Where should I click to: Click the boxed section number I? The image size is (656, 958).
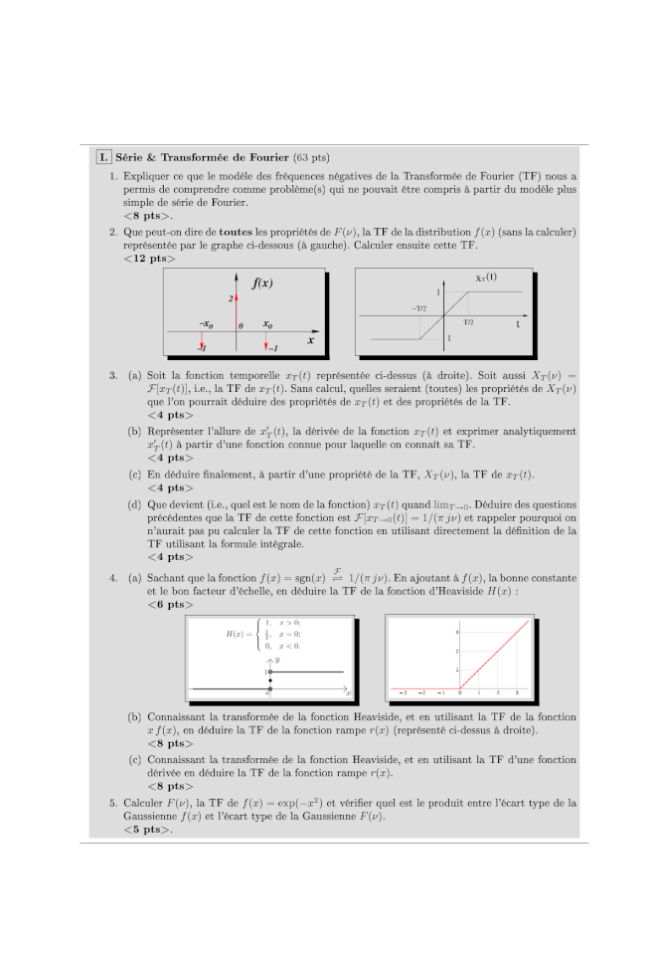pyautogui.click(x=103, y=157)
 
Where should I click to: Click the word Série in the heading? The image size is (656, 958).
pyautogui.click(x=129, y=157)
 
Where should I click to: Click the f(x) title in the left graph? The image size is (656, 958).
pyautogui.click(x=262, y=283)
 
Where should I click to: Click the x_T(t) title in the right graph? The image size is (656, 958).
pyautogui.click(x=486, y=278)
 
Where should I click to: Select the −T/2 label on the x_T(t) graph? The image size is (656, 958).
pyautogui.click(x=419, y=307)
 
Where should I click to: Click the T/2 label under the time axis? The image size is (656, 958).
pyautogui.click(x=468, y=322)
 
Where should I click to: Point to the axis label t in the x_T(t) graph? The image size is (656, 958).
pyautogui.click(x=517, y=324)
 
